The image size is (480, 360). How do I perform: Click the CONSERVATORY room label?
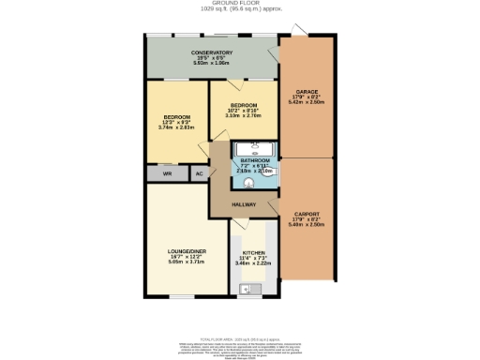click(211, 52)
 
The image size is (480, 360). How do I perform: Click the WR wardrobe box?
click(167, 174)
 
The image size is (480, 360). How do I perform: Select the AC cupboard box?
click(198, 174)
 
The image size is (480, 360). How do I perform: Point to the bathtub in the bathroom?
click(251, 148)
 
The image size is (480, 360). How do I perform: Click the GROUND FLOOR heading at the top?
click(240, 4)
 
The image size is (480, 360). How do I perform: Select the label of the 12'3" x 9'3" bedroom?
click(177, 117)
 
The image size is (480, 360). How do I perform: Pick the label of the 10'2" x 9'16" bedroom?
click(243, 105)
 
